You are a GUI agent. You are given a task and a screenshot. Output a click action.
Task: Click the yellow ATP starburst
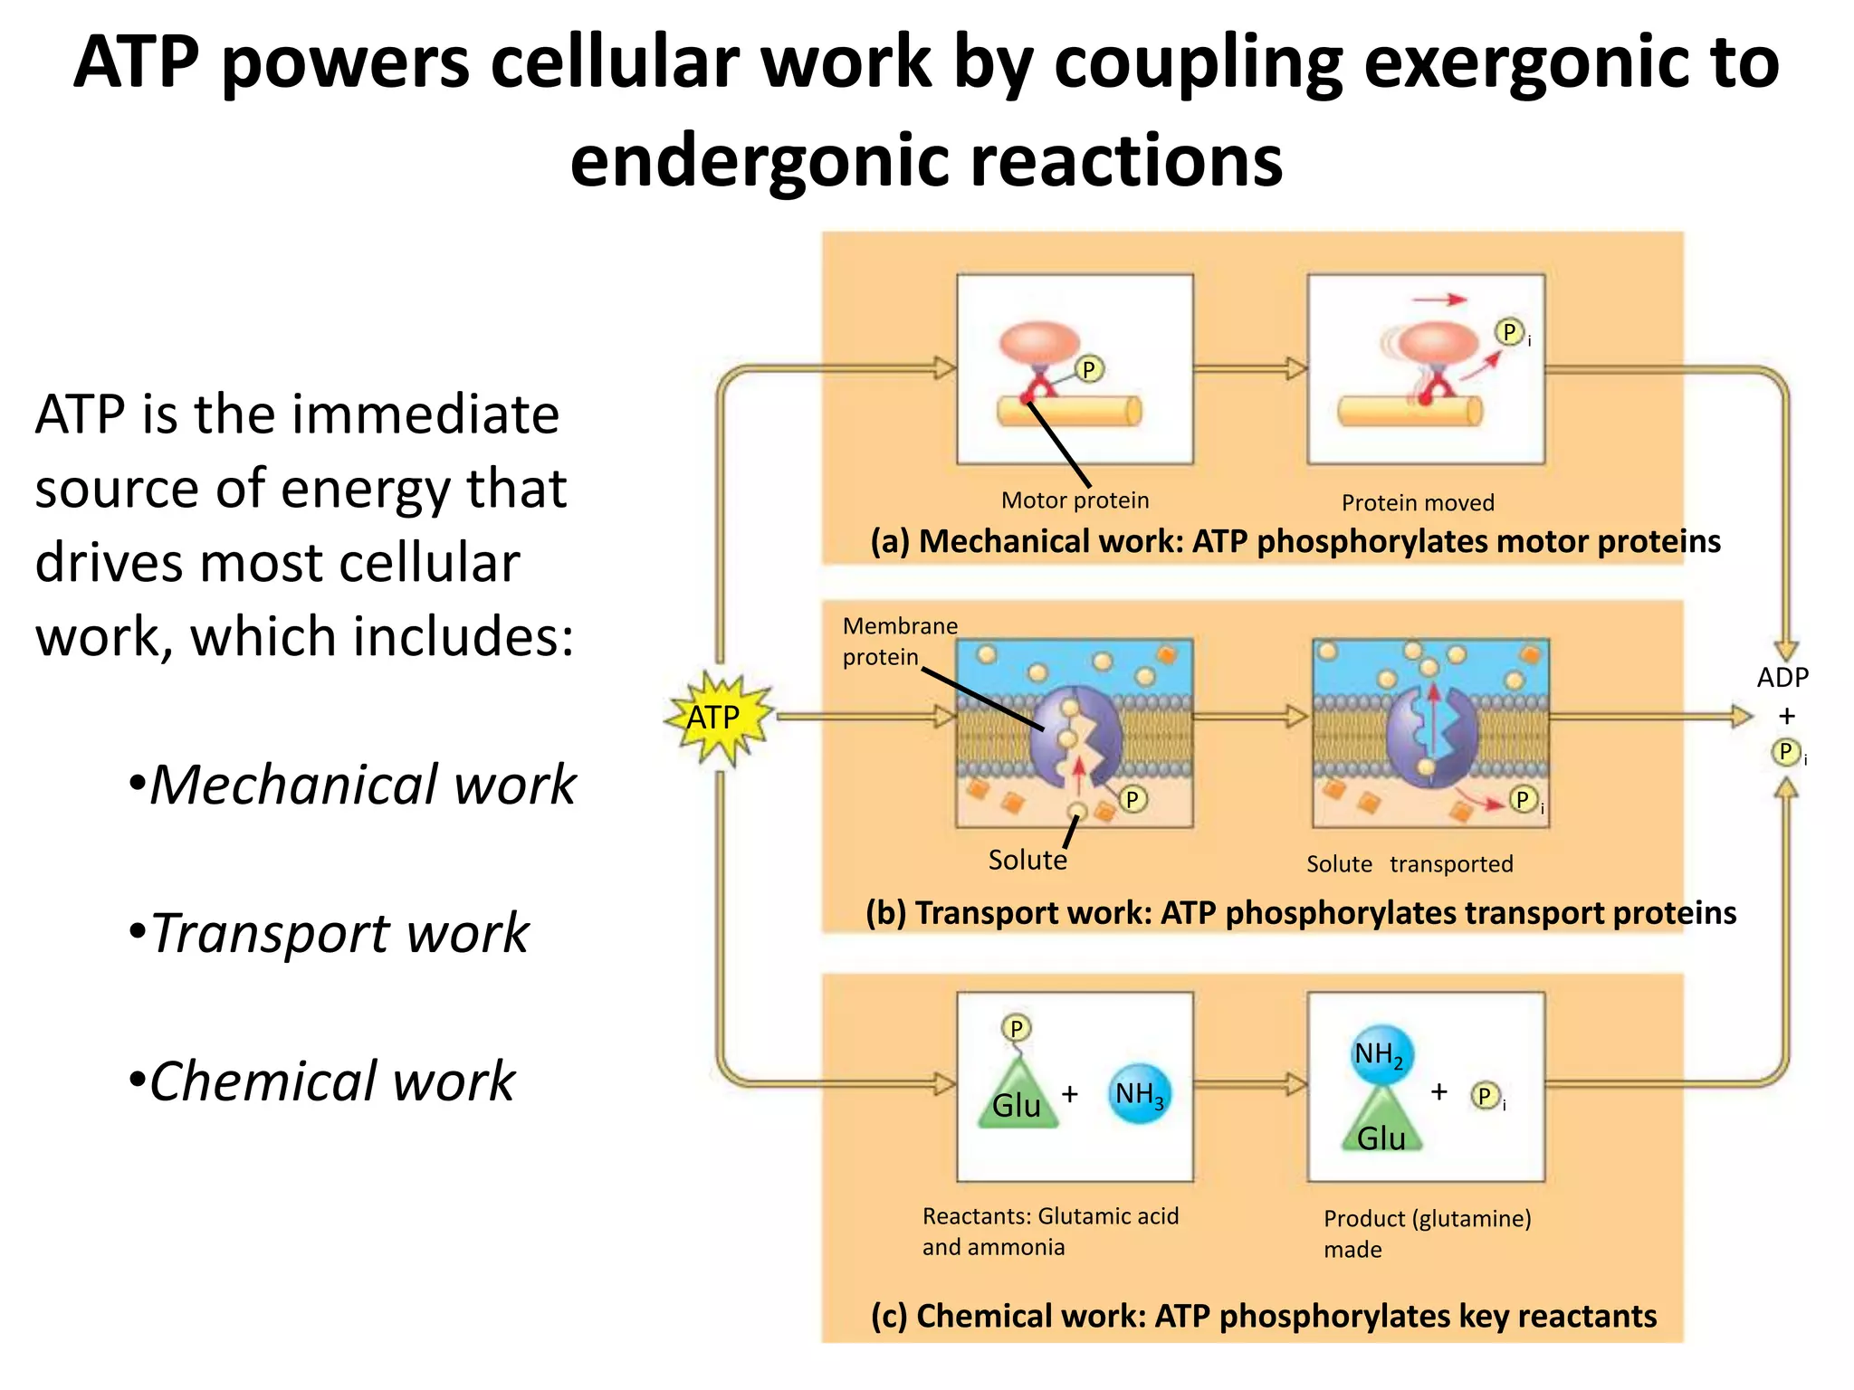tap(717, 719)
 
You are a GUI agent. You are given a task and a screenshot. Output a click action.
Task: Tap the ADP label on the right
tap(1782, 678)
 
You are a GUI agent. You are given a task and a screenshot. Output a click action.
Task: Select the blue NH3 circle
tap(1139, 1094)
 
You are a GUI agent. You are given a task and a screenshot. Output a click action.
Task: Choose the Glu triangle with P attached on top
tap(1017, 1098)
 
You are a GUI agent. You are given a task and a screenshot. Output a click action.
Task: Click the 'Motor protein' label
tap(1075, 500)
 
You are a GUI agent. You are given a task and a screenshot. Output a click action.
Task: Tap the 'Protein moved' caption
tap(1418, 503)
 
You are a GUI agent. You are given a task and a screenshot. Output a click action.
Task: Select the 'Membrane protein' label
tap(899, 641)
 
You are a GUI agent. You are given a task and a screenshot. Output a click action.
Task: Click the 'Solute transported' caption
tap(1410, 864)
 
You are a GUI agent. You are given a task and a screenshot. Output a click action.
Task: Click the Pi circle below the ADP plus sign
tap(1785, 752)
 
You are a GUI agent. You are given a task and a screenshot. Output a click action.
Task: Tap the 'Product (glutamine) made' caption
tap(1427, 1233)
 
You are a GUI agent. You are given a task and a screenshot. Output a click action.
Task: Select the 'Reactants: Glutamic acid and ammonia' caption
tap(1050, 1232)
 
